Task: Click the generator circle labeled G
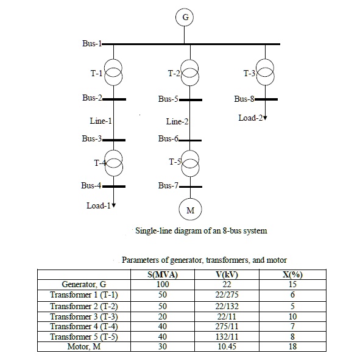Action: (x=185, y=18)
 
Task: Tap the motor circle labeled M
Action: (x=189, y=210)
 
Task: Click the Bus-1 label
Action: (x=92, y=44)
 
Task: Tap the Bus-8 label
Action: (x=244, y=99)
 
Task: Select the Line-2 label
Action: (x=177, y=121)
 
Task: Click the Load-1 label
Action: (x=98, y=205)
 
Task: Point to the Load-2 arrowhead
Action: (x=265, y=118)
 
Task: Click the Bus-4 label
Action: (x=91, y=186)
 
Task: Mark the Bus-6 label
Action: (x=168, y=138)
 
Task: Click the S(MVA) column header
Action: (x=162, y=274)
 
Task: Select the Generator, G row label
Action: (x=83, y=284)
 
